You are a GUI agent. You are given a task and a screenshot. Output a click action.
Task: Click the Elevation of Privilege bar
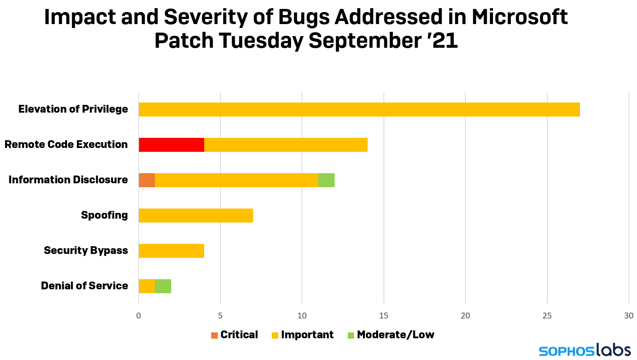click(x=359, y=110)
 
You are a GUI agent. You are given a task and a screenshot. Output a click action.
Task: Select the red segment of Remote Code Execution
click(x=171, y=145)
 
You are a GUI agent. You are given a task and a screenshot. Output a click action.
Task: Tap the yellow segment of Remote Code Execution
click(x=286, y=145)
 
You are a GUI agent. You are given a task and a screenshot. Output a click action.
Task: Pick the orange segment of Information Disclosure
click(x=147, y=180)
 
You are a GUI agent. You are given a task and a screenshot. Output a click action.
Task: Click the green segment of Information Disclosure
click(x=326, y=180)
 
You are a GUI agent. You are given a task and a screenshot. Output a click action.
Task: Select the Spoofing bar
click(x=196, y=216)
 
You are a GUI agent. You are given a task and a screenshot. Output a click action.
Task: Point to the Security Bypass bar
click(x=171, y=251)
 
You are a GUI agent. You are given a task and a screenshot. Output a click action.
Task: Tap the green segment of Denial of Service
click(x=163, y=286)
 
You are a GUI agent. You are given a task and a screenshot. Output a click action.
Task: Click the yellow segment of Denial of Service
click(x=147, y=286)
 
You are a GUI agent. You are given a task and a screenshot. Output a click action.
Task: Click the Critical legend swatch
click(x=214, y=335)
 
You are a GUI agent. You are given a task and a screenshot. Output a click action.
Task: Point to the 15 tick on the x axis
click(x=384, y=316)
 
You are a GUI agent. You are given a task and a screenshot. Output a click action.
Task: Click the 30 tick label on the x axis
click(x=628, y=316)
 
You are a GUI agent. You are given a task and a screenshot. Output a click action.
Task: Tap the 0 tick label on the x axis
click(x=139, y=316)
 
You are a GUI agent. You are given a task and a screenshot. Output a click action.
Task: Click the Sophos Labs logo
click(x=584, y=350)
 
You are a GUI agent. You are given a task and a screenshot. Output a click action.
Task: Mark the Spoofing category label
click(x=104, y=215)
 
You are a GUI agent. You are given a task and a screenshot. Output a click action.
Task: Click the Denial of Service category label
click(x=84, y=286)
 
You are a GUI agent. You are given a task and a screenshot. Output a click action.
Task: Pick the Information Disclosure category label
click(x=68, y=180)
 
